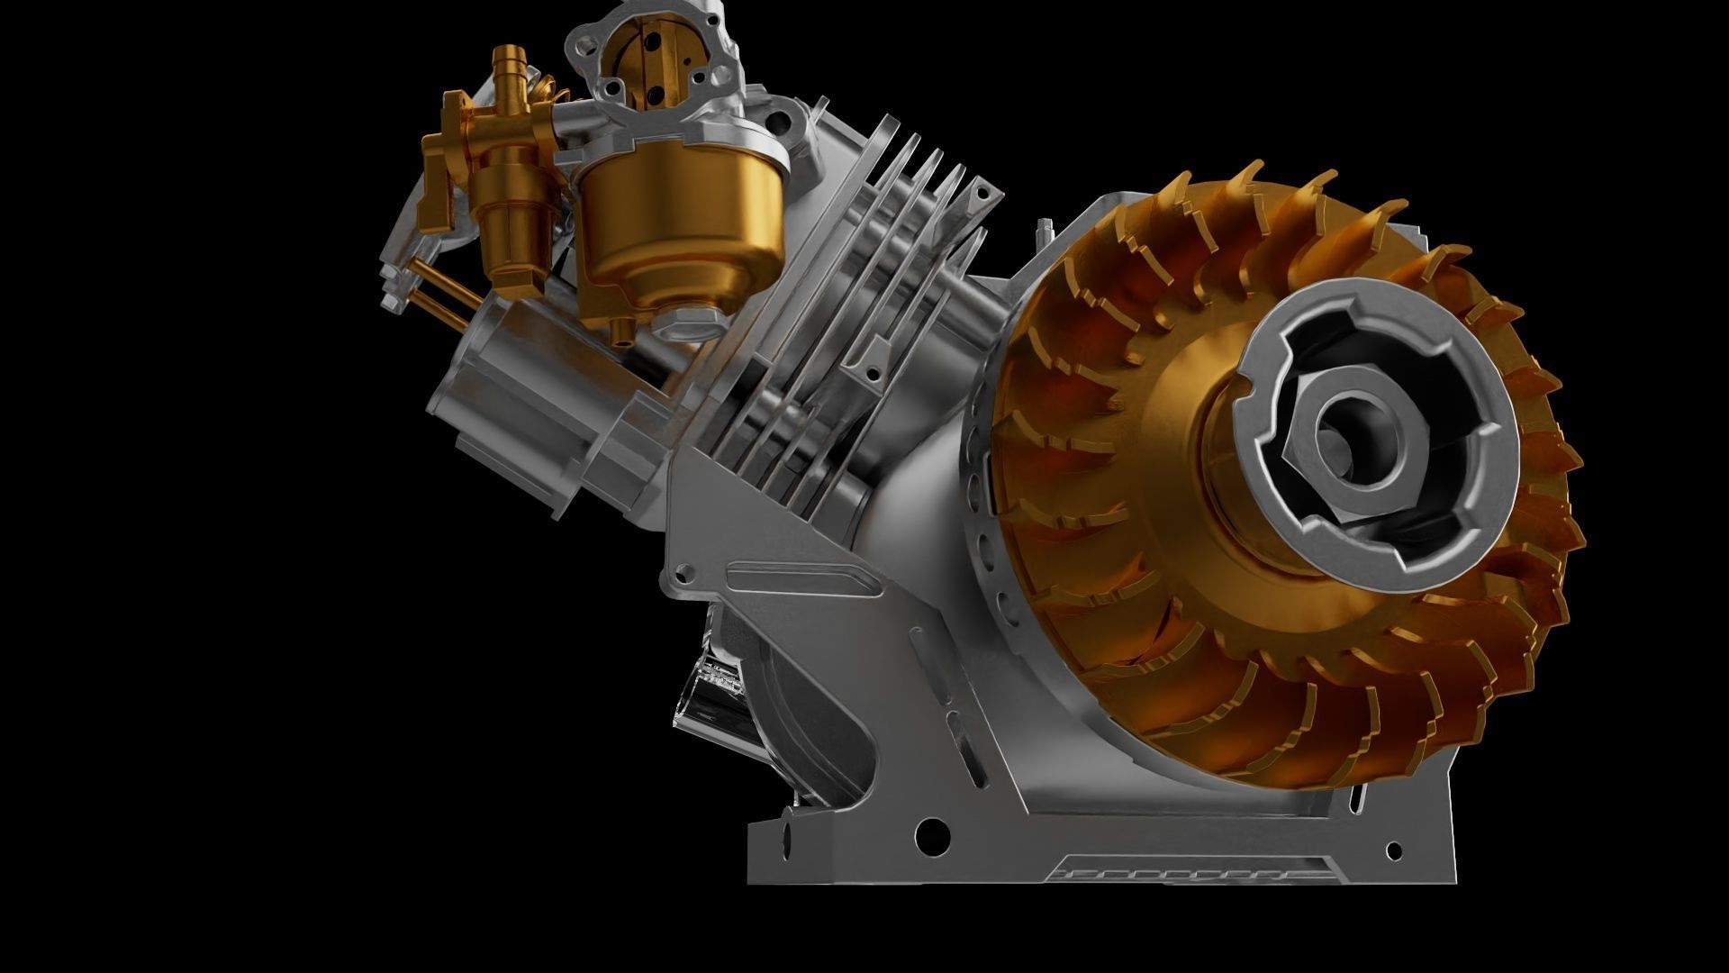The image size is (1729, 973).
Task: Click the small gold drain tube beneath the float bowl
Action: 619,332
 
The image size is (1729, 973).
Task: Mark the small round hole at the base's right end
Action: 1394,850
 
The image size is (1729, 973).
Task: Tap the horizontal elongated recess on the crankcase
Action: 801,576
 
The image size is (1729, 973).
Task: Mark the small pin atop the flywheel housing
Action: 1044,232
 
